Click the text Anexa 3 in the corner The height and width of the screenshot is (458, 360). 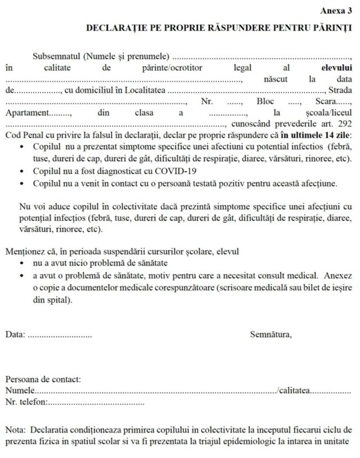coord(336,10)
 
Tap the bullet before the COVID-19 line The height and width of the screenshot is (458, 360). coord(21,170)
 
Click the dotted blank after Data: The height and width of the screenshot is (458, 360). coord(60,335)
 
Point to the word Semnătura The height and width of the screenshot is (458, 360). coord(271,335)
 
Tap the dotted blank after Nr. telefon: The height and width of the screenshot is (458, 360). coord(96,402)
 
